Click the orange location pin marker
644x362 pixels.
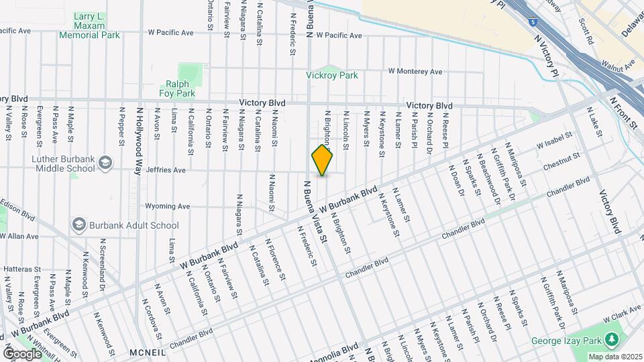click(x=323, y=161)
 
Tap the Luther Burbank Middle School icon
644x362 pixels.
click(x=105, y=162)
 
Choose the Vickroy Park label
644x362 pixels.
click(x=332, y=76)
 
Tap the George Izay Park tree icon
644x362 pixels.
click(x=611, y=341)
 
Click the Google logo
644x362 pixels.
click(x=22, y=353)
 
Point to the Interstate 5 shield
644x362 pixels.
click(x=532, y=22)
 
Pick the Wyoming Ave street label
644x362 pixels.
click(x=172, y=206)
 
